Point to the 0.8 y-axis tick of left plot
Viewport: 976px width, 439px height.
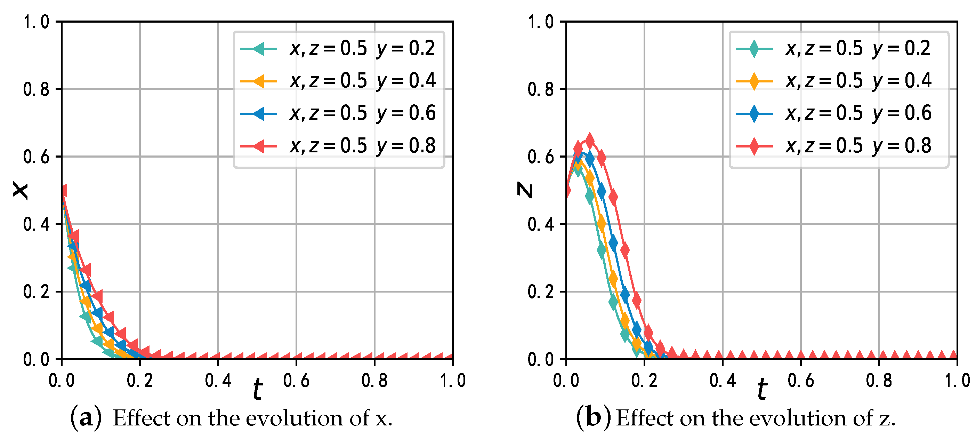click(36, 89)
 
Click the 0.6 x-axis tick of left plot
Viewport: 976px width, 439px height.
click(296, 380)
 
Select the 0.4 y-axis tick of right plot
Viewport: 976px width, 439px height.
click(541, 224)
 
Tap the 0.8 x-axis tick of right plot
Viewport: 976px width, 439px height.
click(879, 380)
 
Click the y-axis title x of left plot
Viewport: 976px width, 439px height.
click(20, 190)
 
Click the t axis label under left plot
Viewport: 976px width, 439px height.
click(258, 389)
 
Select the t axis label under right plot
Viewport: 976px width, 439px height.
click(762, 389)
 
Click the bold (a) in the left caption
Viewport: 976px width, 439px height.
click(86, 418)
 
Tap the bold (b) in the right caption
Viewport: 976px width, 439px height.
click(593, 418)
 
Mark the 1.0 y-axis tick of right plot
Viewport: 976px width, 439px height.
click(541, 22)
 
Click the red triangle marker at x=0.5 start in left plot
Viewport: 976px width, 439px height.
click(63, 191)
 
